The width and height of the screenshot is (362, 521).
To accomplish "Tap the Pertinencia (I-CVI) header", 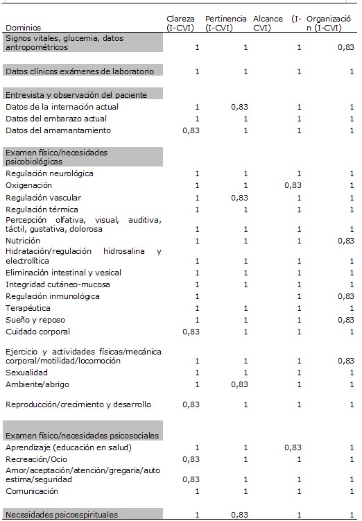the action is (224, 23).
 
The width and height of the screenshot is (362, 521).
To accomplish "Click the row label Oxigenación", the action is (28, 186).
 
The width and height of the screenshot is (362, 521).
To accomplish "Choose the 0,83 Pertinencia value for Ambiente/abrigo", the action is (240, 384).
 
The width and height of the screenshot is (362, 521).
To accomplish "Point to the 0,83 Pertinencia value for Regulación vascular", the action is (240, 198).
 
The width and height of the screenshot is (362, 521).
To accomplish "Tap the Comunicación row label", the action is (31, 491).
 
